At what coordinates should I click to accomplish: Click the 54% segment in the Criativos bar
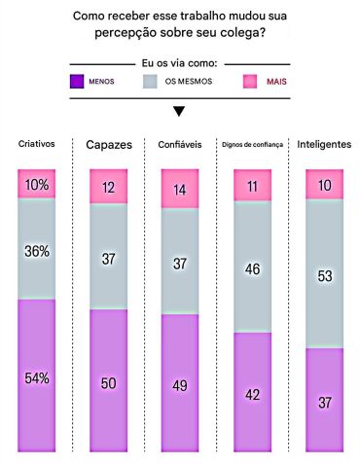(36, 376)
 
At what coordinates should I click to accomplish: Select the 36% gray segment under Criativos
(36, 250)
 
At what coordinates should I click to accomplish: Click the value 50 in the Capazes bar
(108, 381)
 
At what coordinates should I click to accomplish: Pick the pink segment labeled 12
(108, 187)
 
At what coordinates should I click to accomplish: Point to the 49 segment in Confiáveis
(180, 384)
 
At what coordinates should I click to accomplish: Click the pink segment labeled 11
(252, 186)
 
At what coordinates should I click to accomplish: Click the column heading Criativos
(36, 144)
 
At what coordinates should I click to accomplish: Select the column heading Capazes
(108, 144)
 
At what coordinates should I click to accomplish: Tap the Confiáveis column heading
(180, 144)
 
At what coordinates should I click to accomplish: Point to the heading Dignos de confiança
(252, 144)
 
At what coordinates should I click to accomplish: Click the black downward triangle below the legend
(179, 111)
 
